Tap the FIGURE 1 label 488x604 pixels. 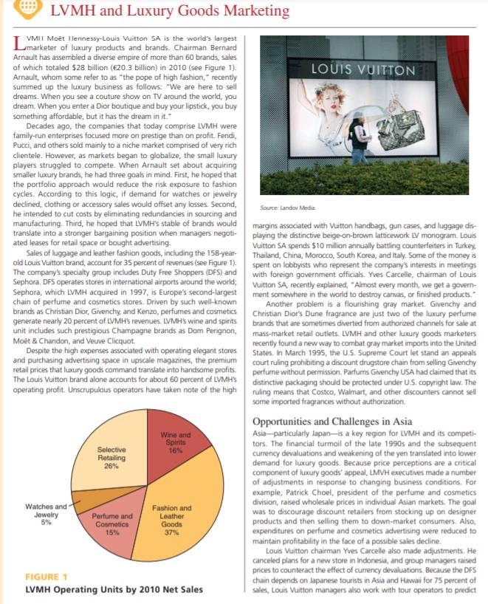[x=47, y=576]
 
